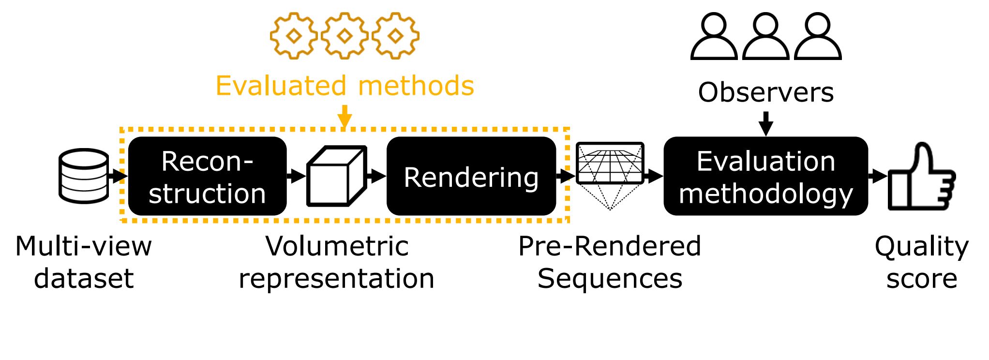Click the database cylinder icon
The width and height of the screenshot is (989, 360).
coord(83,176)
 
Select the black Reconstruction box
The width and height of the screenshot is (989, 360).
coord(207,176)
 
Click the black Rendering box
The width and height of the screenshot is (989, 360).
coord(471,176)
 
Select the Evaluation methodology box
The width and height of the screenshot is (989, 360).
coord(765,176)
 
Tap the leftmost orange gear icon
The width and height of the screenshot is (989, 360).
coord(294,36)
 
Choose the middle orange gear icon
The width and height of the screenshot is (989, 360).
coord(345,36)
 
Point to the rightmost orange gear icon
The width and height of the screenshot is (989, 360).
coord(396,36)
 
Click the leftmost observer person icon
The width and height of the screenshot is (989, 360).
coord(714,37)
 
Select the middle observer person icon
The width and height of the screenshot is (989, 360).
coord(766,37)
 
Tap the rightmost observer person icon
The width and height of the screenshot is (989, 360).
coord(818,37)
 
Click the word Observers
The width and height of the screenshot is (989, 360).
coord(765,92)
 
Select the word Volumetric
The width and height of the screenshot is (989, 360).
coord(337,246)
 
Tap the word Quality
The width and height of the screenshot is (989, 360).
coord(921,247)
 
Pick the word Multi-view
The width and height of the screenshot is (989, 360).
coord(83,246)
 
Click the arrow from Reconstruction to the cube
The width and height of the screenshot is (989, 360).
coord(296,176)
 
